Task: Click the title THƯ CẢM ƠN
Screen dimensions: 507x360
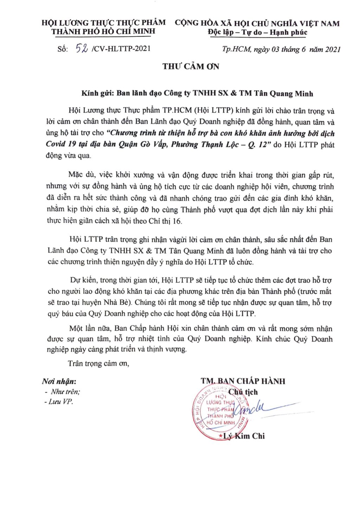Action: pyautogui.click(x=191, y=66)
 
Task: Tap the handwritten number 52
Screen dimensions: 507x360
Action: pyautogui.click(x=82, y=49)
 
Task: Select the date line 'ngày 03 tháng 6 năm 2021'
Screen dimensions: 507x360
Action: pyautogui.click(x=297, y=49)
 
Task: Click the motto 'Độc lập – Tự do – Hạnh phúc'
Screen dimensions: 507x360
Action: pyautogui.click(x=257, y=32)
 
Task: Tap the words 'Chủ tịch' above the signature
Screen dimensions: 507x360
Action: pyautogui.click(x=243, y=392)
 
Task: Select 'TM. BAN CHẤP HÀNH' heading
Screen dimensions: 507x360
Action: pyautogui.click(x=243, y=381)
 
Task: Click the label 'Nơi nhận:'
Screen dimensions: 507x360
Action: pyautogui.click(x=59, y=381)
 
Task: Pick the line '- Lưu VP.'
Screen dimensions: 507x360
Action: pyautogui.click(x=59, y=402)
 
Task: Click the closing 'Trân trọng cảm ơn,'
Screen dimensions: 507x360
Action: pyautogui.click(x=98, y=364)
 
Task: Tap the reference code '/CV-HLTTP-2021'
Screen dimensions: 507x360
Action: pyautogui.click(x=121, y=49)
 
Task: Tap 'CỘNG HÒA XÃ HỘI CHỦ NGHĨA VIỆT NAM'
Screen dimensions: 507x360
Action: pyautogui.click(x=257, y=23)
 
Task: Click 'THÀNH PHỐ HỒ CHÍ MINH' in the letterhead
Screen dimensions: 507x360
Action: pyautogui.click(x=103, y=31)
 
